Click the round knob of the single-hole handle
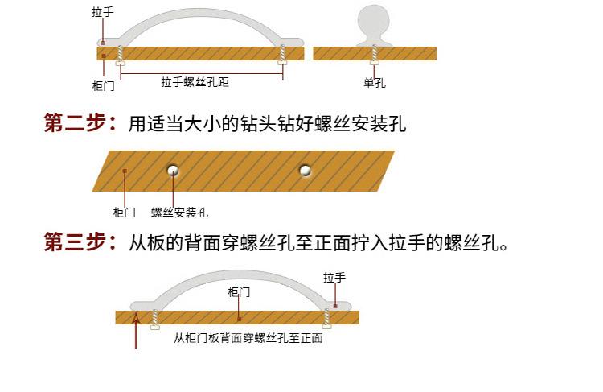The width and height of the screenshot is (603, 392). pyautogui.click(x=373, y=22)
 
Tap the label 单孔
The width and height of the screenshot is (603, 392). pyautogui.click(x=375, y=83)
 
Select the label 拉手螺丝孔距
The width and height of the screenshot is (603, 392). pyautogui.click(x=195, y=82)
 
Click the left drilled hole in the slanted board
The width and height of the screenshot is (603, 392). pyautogui.click(x=173, y=170)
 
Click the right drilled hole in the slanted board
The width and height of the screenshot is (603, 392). pyautogui.click(x=305, y=170)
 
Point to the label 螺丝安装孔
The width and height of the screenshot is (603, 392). pyautogui.click(x=179, y=213)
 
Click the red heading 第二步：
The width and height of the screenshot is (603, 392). pyautogui.click(x=80, y=123)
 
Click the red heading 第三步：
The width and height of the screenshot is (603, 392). pyautogui.click(x=80, y=241)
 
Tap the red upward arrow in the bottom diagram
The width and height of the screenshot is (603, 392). pyautogui.click(x=136, y=331)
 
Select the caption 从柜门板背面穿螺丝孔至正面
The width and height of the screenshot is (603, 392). pyautogui.click(x=248, y=338)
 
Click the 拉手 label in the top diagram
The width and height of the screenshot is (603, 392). pyautogui.click(x=103, y=12)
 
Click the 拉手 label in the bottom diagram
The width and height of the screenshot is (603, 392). pyautogui.click(x=334, y=277)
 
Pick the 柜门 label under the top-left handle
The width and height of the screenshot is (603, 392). pyautogui.click(x=104, y=85)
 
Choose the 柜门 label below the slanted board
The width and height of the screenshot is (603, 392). pyautogui.click(x=124, y=213)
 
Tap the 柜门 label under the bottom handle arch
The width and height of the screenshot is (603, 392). pyautogui.click(x=239, y=292)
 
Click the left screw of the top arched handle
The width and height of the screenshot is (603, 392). pyautogui.click(x=121, y=55)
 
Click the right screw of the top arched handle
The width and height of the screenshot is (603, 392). pyautogui.click(x=283, y=54)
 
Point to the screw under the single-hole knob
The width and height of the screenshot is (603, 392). pyautogui.click(x=375, y=55)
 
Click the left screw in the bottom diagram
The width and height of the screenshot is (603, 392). pyautogui.click(x=155, y=320)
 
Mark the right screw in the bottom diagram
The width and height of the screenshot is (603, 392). pyautogui.click(x=327, y=319)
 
